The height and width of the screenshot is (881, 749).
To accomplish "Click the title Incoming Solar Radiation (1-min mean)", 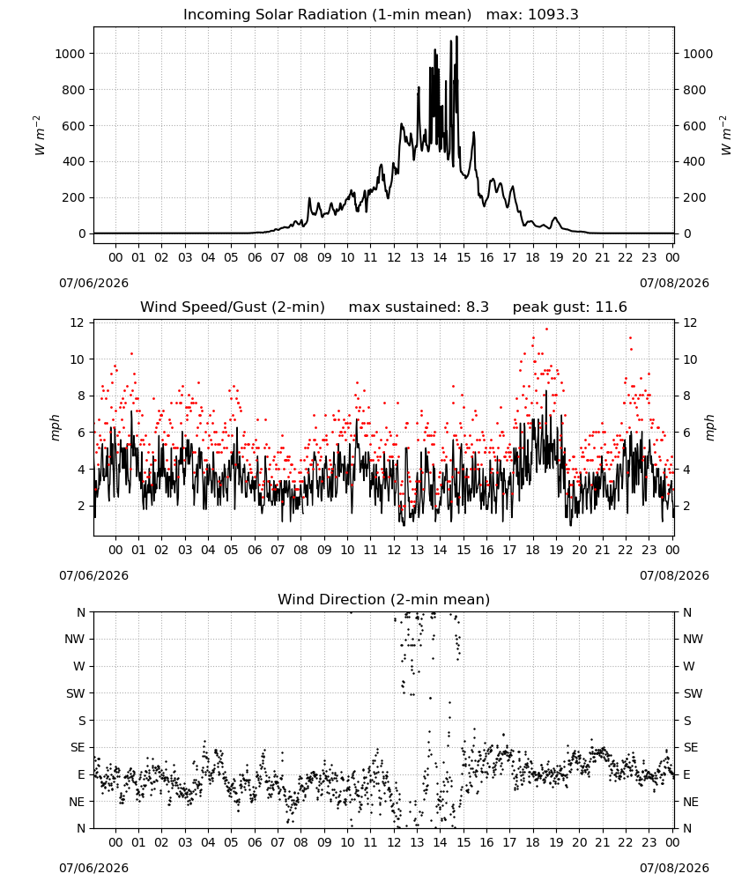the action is click(327, 15).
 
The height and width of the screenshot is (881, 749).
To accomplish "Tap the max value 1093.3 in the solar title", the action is click(552, 15).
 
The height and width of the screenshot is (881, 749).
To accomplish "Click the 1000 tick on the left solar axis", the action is click(70, 54).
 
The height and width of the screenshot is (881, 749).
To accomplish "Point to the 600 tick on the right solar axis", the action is click(694, 126).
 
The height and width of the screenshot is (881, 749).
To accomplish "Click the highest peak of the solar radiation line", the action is click(456, 36).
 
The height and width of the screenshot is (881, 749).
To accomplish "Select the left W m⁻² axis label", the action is click(38, 136).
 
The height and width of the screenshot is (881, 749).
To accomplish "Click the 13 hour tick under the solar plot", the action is click(417, 257).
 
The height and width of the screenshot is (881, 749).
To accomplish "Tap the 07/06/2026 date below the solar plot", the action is click(93, 283).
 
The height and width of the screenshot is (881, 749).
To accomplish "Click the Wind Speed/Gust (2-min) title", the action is click(232, 307).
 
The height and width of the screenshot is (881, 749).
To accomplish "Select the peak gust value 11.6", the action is click(611, 307).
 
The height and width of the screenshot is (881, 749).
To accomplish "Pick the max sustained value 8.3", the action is click(478, 307).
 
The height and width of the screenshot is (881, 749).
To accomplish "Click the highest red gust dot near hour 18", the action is click(546, 329).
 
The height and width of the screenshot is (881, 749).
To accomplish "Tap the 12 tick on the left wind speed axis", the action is click(77, 322).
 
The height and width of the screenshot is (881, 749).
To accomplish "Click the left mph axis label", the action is click(55, 427).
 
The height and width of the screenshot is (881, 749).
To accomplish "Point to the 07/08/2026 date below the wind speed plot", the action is click(674, 575).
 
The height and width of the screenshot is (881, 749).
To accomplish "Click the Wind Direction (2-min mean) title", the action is click(384, 599).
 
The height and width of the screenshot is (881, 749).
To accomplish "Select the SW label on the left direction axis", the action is click(76, 693).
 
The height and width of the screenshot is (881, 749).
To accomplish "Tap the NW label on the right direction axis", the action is click(693, 639).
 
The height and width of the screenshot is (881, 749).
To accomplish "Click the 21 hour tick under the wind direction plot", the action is click(603, 842).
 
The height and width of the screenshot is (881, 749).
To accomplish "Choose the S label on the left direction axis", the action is click(81, 721).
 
